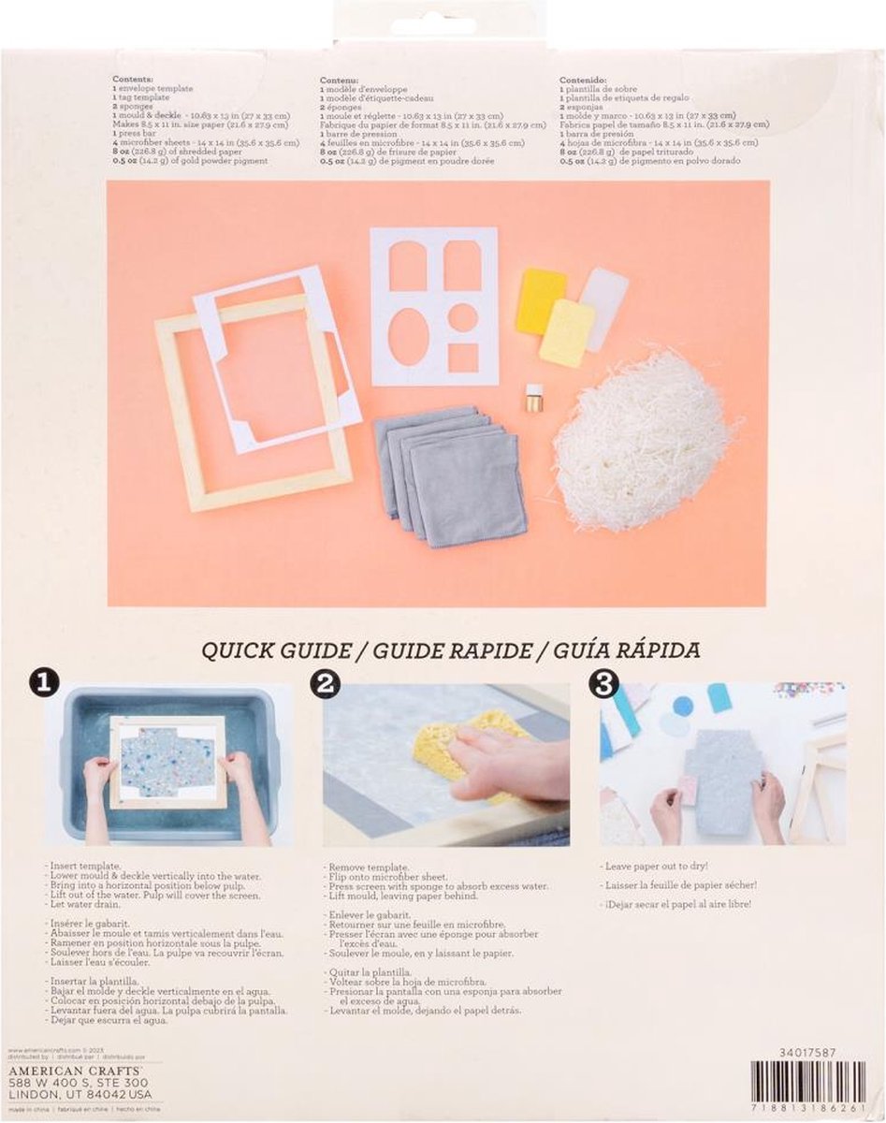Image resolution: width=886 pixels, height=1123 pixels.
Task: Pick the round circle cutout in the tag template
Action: (x=461, y=317)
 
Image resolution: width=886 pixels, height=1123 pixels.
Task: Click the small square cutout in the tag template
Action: (x=462, y=357)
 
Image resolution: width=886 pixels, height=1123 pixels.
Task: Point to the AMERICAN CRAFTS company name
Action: (x=75, y=1067)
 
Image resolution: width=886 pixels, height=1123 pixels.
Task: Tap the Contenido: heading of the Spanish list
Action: (x=584, y=80)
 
